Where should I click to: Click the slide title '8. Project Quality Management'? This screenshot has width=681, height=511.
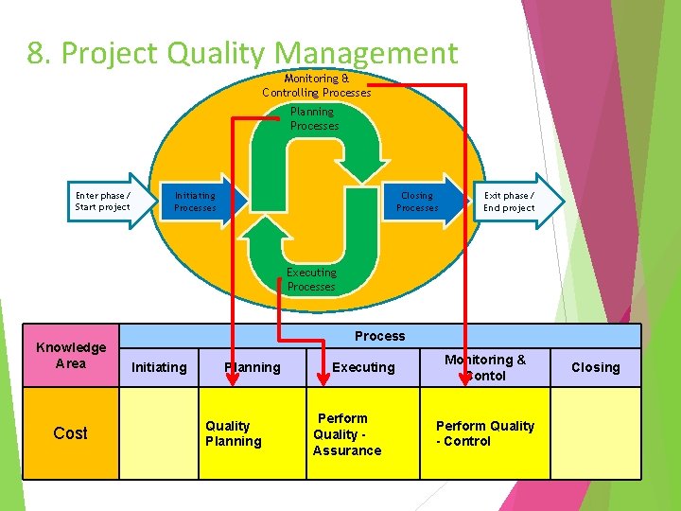pyautogui.click(x=242, y=53)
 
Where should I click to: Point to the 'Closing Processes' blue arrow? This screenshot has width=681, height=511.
pyautogui.click(x=419, y=202)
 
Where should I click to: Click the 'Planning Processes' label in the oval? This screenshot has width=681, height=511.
pyautogui.click(x=313, y=118)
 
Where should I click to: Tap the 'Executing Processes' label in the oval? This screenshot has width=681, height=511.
pyautogui.click(x=311, y=279)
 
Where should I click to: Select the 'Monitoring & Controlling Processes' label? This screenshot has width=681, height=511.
pyautogui.click(x=317, y=85)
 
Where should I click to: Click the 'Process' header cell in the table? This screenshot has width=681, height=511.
pyautogui.click(x=380, y=336)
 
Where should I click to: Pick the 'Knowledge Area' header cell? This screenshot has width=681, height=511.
pyautogui.click(x=71, y=355)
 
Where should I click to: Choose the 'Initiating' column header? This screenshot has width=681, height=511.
pyautogui.click(x=159, y=367)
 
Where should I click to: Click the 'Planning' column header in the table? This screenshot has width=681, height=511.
pyautogui.click(x=253, y=367)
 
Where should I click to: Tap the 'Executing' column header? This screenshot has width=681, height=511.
pyautogui.click(x=363, y=367)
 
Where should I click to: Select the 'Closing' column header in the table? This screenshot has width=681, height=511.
pyautogui.click(x=596, y=367)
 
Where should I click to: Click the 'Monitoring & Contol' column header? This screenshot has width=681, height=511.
pyautogui.click(x=485, y=367)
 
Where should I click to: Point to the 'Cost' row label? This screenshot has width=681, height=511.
pyautogui.click(x=71, y=432)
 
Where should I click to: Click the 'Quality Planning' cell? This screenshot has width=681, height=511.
pyautogui.click(x=234, y=433)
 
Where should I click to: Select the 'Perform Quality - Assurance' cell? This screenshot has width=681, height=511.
pyautogui.click(x=346, y=433)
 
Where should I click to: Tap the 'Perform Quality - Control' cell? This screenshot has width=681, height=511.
pyautogui.click(x=485, y=433)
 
